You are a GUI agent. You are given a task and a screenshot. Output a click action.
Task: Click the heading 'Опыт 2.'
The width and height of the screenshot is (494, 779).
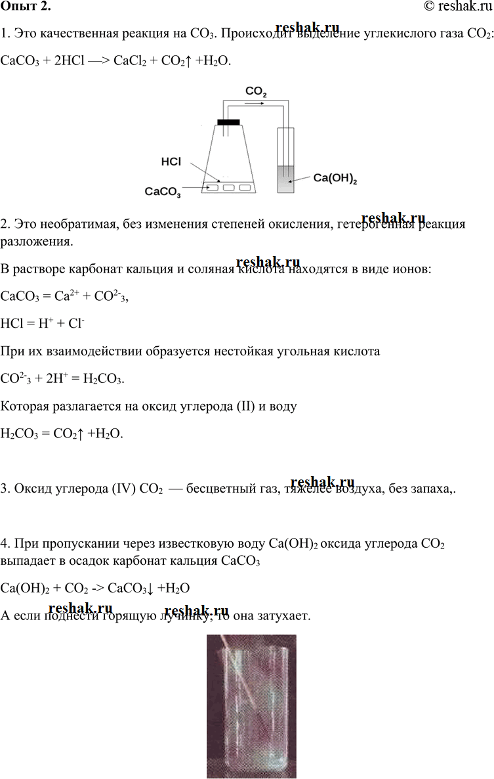click(x=26, y=7)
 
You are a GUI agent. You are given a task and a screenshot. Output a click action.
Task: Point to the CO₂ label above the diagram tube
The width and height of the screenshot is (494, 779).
click(x=256, y=92)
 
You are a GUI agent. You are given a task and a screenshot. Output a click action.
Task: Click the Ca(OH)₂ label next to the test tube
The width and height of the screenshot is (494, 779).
click(x=335, y=178)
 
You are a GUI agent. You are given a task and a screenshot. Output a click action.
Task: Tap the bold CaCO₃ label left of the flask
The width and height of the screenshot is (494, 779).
click(x=163, y=192)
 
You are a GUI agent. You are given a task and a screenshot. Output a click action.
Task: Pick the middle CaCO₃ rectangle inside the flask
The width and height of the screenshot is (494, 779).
click(x=229, y=188)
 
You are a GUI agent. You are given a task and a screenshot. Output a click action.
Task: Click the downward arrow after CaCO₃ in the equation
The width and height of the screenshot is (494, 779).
click(x=152, y=589)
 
